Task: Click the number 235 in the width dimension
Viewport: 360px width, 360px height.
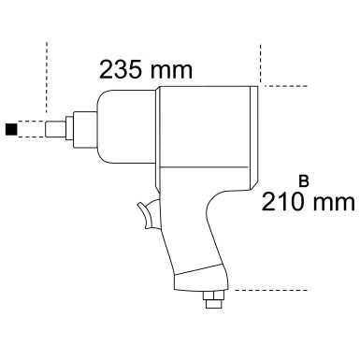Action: pos(122,69)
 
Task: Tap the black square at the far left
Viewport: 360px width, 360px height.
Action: pos(11,128)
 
